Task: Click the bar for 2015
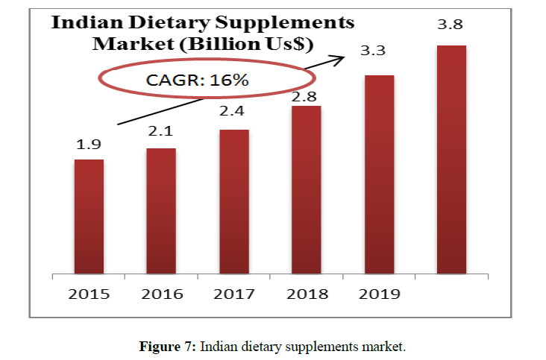click(89, 216)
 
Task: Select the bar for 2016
click(161, 211)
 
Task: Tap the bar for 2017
click(233, 201)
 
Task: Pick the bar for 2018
click(306, 189)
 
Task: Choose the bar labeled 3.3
click(378, 174)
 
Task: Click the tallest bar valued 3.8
click(451, 160)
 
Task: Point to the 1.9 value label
click(88, 145)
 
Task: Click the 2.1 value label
click(160, 133)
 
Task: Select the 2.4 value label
click(233, 114)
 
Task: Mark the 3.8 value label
click(450, 25)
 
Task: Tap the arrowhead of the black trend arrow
click(351, 55)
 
